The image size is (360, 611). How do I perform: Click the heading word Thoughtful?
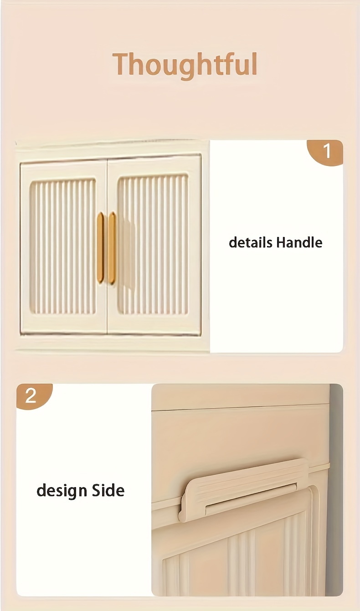pos(185,65)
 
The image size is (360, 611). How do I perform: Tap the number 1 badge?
pos(325,152)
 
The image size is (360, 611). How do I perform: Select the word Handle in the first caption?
pos(299,242)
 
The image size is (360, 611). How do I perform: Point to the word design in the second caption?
pos(62,491)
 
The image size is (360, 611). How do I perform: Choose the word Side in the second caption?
pos(108,490)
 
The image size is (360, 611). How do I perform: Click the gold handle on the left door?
pos(100,247)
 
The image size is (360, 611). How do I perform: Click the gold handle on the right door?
pos(112,248)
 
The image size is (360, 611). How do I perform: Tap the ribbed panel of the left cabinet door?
pos(63,247)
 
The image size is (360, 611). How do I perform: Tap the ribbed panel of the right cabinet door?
pos(153,245)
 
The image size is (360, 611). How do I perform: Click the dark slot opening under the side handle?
pos(251,496)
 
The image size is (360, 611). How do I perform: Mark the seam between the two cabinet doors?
pos(107,247)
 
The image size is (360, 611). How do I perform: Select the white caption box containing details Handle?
pos(277,246)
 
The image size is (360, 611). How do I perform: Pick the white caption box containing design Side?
pos(84,494)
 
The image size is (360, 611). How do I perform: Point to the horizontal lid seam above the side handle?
pos(241,407)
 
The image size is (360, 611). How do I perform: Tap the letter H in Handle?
pos(281,242)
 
